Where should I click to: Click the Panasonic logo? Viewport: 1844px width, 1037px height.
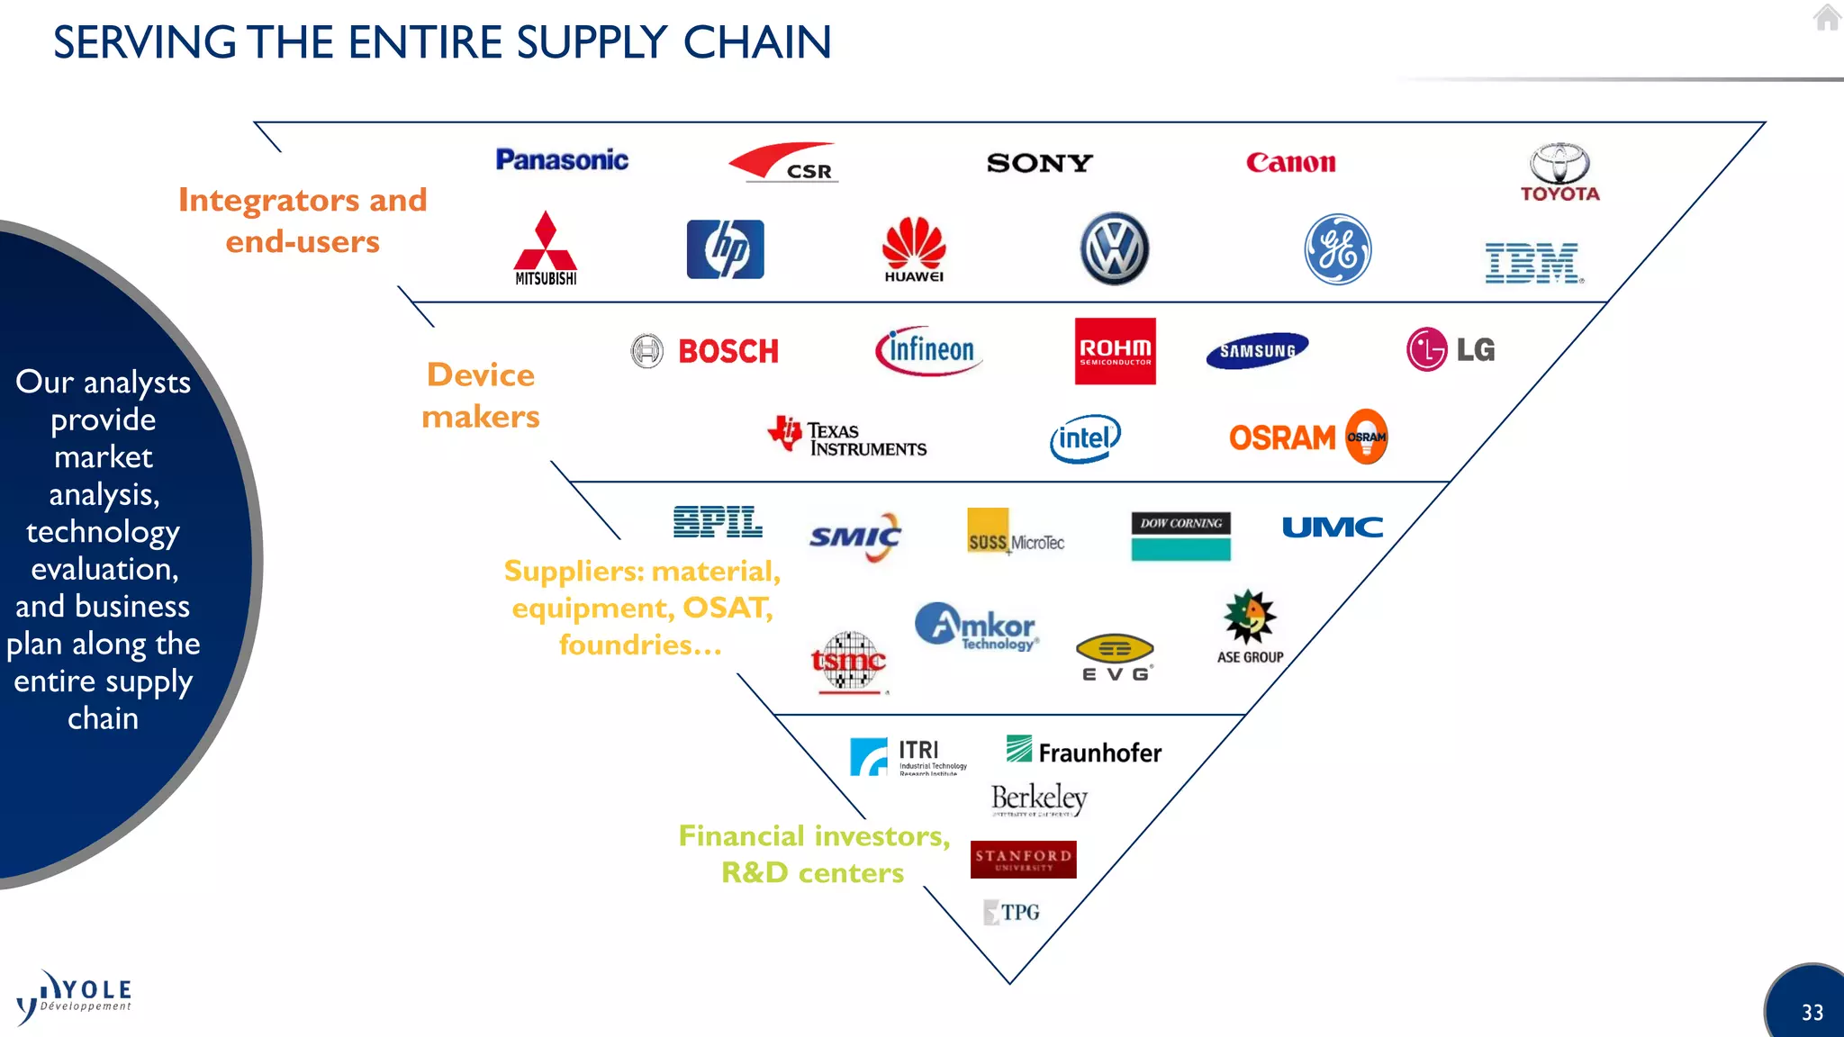pos(562,160)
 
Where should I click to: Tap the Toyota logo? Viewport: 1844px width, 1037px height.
pos(1559,172)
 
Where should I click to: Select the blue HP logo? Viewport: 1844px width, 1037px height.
pos(725,249)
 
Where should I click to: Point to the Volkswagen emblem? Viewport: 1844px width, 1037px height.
pos(1114,249)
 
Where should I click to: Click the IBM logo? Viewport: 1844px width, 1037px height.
pos(1532,263)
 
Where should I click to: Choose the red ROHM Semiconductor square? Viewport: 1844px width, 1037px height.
pos(1115,351)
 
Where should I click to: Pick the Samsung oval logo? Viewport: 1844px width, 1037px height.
pos(1257,351)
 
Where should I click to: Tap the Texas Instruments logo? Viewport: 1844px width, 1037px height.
pos(847,437)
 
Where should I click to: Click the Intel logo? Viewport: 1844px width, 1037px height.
pos(1085,438)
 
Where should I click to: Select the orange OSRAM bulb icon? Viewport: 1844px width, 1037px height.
pos(1366,437)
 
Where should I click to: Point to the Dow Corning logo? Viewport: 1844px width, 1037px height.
pos(1180,536)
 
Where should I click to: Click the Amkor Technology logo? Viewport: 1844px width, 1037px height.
pos(977,627)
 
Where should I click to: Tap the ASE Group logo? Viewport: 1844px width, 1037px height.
pos(1250,627)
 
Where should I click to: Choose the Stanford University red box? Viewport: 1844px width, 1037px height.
pos(1023,860)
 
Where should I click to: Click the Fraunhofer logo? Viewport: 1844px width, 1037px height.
pos(1084,751)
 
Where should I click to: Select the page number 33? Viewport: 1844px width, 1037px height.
pos(1812,1013)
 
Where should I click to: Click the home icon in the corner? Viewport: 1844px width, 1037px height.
pos(1827,18)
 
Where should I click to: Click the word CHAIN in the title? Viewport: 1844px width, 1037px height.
pos(756,42)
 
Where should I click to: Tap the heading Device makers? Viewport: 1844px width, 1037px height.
pos(481,395)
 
